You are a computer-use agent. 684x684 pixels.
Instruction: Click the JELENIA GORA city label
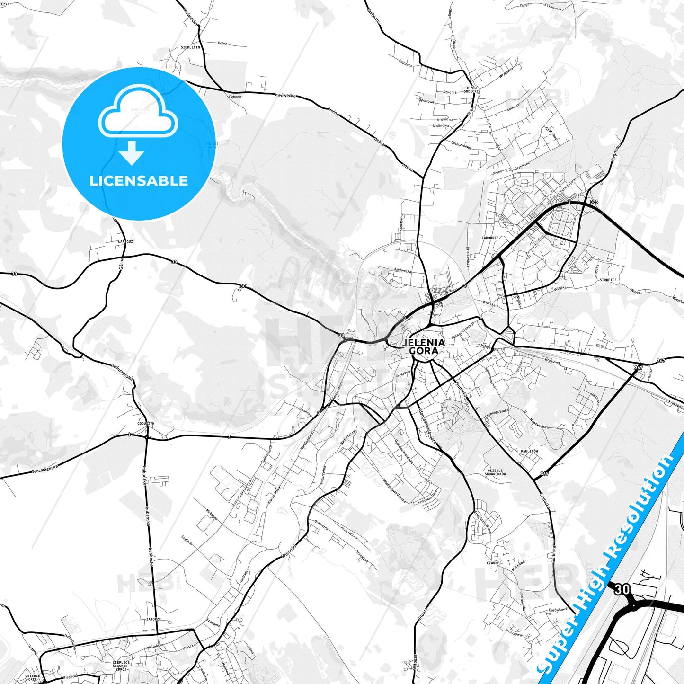424,346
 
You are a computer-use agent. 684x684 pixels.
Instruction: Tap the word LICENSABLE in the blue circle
139,181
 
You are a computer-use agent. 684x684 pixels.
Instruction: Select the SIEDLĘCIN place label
190,47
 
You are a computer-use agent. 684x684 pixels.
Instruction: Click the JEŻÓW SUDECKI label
471,89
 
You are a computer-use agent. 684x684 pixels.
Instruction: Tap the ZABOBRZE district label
490,238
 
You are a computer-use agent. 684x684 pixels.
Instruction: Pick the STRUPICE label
608,280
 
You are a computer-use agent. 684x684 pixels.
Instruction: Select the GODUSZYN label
145,423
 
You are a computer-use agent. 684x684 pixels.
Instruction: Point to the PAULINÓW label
529,451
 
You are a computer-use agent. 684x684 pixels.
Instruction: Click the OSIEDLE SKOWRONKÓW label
495,472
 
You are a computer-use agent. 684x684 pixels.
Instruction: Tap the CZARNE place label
493,563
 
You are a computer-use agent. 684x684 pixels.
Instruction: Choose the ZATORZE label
153,619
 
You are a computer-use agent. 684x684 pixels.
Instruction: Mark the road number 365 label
594,202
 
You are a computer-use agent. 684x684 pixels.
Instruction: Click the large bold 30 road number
622,589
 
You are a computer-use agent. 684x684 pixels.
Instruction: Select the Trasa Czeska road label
45,469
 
